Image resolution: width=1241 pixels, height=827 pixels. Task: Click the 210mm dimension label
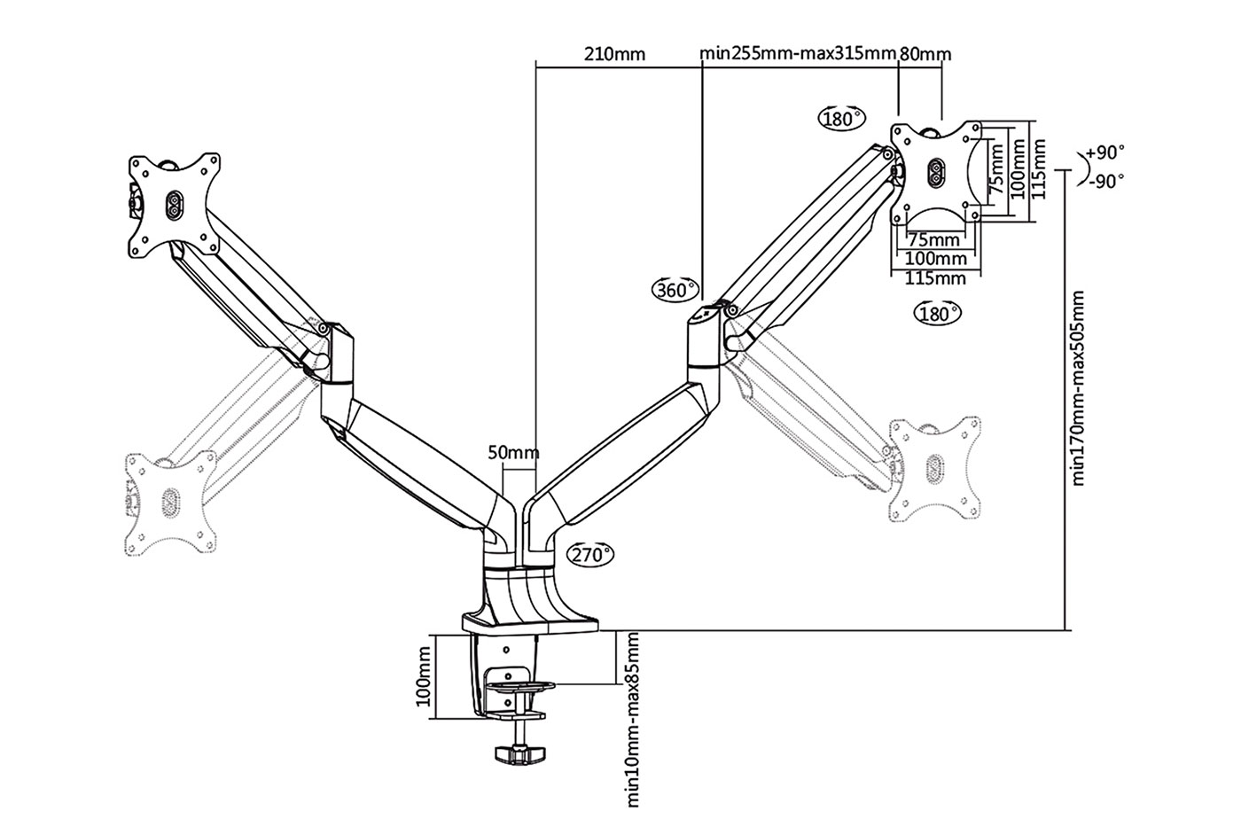614,54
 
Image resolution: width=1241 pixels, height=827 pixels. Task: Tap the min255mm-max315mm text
798,53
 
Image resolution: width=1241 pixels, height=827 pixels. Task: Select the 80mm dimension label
925,54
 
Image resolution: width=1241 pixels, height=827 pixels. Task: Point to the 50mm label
513,453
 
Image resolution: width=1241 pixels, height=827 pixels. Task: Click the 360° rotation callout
675,290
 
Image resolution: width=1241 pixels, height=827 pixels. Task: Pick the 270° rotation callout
590,554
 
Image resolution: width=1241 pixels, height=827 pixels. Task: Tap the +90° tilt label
1106,152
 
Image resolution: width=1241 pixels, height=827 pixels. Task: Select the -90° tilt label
1106,181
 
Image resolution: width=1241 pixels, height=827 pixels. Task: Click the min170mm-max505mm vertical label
1078,388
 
